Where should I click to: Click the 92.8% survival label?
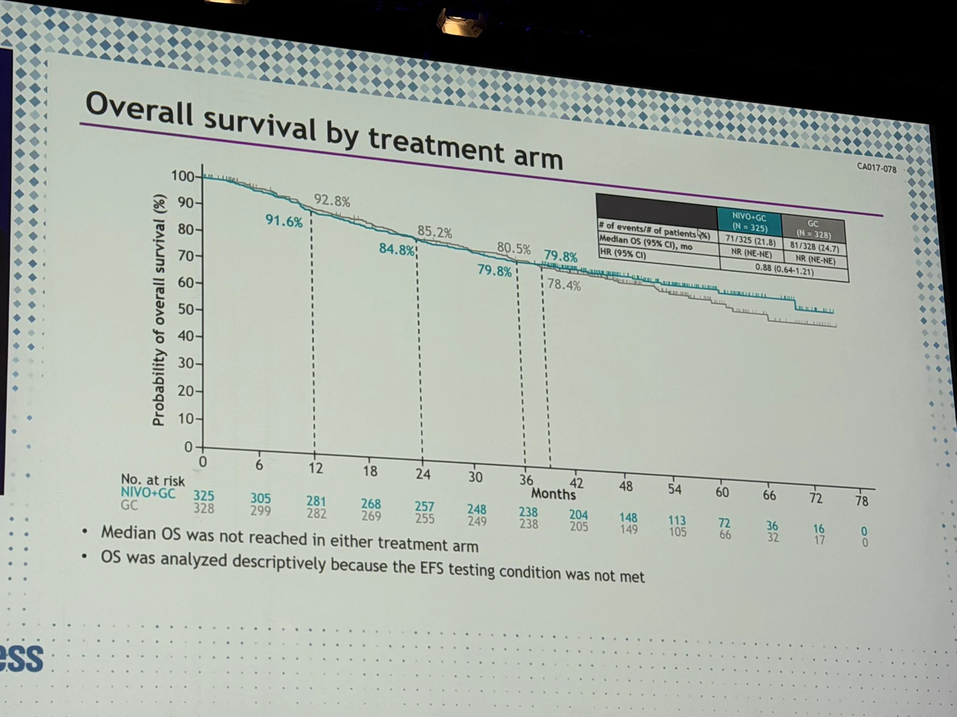[332, 201]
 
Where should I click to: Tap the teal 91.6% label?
[284, 221]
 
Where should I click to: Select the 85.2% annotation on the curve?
[435, 232]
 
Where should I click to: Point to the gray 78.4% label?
[564, 285]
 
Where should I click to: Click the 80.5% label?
[514, 248]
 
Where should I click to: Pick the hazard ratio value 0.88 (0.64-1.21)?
[784, 270]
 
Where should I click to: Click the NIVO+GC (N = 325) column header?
[749, 223]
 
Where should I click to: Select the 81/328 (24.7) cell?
[814, 247]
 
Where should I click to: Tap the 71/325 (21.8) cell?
[750, 241]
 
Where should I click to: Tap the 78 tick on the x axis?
[862, 501]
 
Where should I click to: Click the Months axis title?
[553, 494]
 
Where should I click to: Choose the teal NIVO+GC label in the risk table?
[148, 493]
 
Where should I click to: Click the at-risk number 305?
[260, 499]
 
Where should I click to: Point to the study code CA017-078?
[877, 168]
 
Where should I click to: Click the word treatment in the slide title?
[436, 145]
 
